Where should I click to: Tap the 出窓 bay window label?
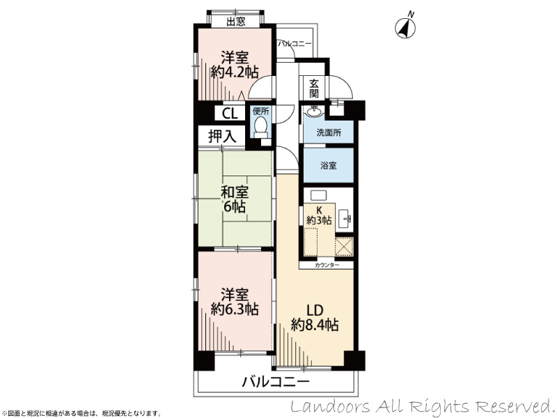pos(236,22)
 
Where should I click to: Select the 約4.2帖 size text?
pos(235,72)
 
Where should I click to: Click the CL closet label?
pos(230,114)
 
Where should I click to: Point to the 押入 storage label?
pos(222,136)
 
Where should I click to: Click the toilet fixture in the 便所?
pos(260,127)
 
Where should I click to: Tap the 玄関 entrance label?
pos(314,89)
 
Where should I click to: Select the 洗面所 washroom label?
pos(329,133)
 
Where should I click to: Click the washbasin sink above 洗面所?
pos(315,111)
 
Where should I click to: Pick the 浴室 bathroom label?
pos(329,165)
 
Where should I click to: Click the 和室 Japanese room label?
pos(235,192)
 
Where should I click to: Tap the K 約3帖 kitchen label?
pos(319,215)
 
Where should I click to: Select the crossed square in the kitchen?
pos(344,246)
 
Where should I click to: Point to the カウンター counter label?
pos(327,265)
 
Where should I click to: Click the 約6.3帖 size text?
pos(235,309)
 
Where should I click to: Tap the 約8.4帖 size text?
pos(315,325)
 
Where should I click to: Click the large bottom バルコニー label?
pos(276,382)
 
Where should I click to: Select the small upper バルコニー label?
pos(295,44)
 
